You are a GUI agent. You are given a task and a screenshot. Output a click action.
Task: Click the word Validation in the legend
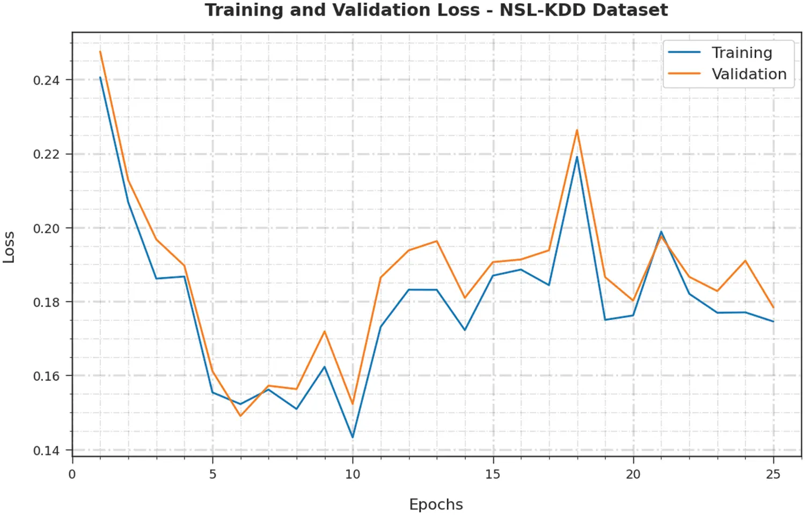coord(749,74)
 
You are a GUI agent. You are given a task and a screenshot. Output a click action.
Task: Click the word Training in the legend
coord(742,53)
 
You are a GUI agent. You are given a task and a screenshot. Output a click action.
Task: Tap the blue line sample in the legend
coord(684,53)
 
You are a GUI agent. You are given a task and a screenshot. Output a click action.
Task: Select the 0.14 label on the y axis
coord(46,451)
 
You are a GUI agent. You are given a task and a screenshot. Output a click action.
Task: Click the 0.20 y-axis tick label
coord(46,229)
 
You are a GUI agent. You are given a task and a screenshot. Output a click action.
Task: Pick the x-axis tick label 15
coord(493,474)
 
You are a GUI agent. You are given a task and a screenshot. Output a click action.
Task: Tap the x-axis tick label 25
coord(773,474)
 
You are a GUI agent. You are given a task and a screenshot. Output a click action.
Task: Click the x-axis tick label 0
coord(72,474)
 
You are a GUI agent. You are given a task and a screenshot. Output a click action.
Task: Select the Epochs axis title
coord(436,504)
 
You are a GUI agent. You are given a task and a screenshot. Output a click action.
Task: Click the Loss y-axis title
coord(9,247)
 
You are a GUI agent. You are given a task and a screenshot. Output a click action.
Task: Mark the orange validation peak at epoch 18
coord(577,130)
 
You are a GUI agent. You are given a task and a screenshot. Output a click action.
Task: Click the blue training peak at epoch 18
coord(577,157)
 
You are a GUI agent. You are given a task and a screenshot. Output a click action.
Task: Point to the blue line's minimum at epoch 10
coord(353,437)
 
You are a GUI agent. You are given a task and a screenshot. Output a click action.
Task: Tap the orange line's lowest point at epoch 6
coord(240,416)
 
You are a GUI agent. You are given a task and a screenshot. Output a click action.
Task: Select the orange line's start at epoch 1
coord(100,51)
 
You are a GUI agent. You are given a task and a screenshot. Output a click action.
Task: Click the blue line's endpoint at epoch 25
coord(773,321)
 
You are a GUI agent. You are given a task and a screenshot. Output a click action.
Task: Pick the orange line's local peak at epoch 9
coord(325,331)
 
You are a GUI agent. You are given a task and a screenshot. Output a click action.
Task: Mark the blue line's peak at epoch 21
coord(661,232)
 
